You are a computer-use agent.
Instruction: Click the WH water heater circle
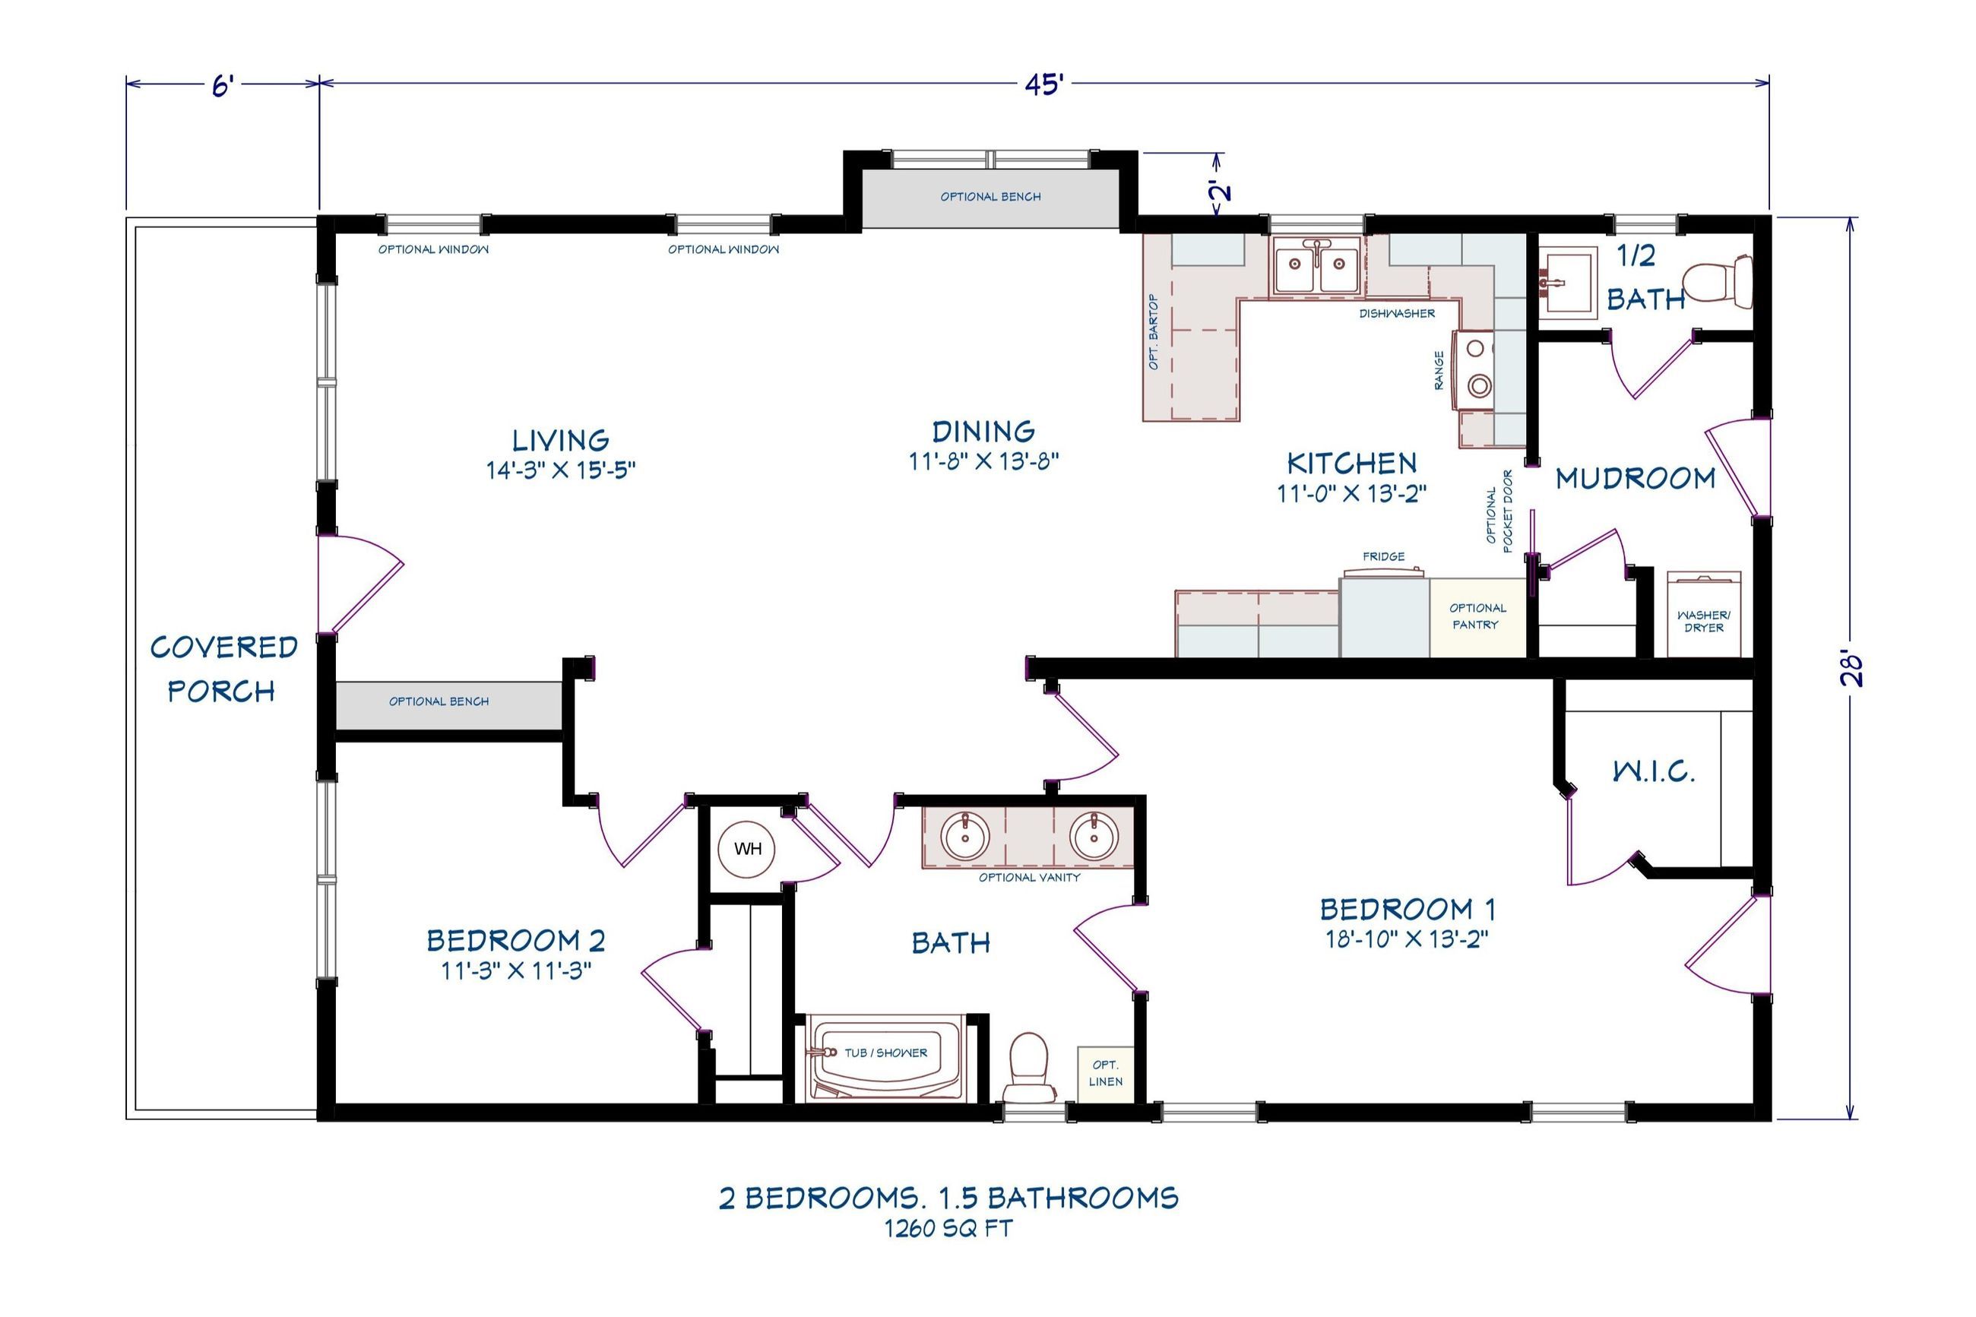[746, 849]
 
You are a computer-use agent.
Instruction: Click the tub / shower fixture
[883, 1057]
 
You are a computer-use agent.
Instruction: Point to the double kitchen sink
[1316, 264]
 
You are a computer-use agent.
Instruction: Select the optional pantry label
[1477, 616]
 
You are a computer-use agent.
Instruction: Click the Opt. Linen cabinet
[1104, 1072]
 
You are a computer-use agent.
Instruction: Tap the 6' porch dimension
[222, 85]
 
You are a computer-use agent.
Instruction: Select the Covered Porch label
[223, 669]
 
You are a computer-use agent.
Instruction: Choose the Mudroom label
[1634, 479]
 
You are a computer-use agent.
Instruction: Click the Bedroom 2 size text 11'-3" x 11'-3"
[517, 971]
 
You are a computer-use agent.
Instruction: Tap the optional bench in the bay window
[990, 198]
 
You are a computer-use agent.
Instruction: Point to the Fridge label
[1383, 556]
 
